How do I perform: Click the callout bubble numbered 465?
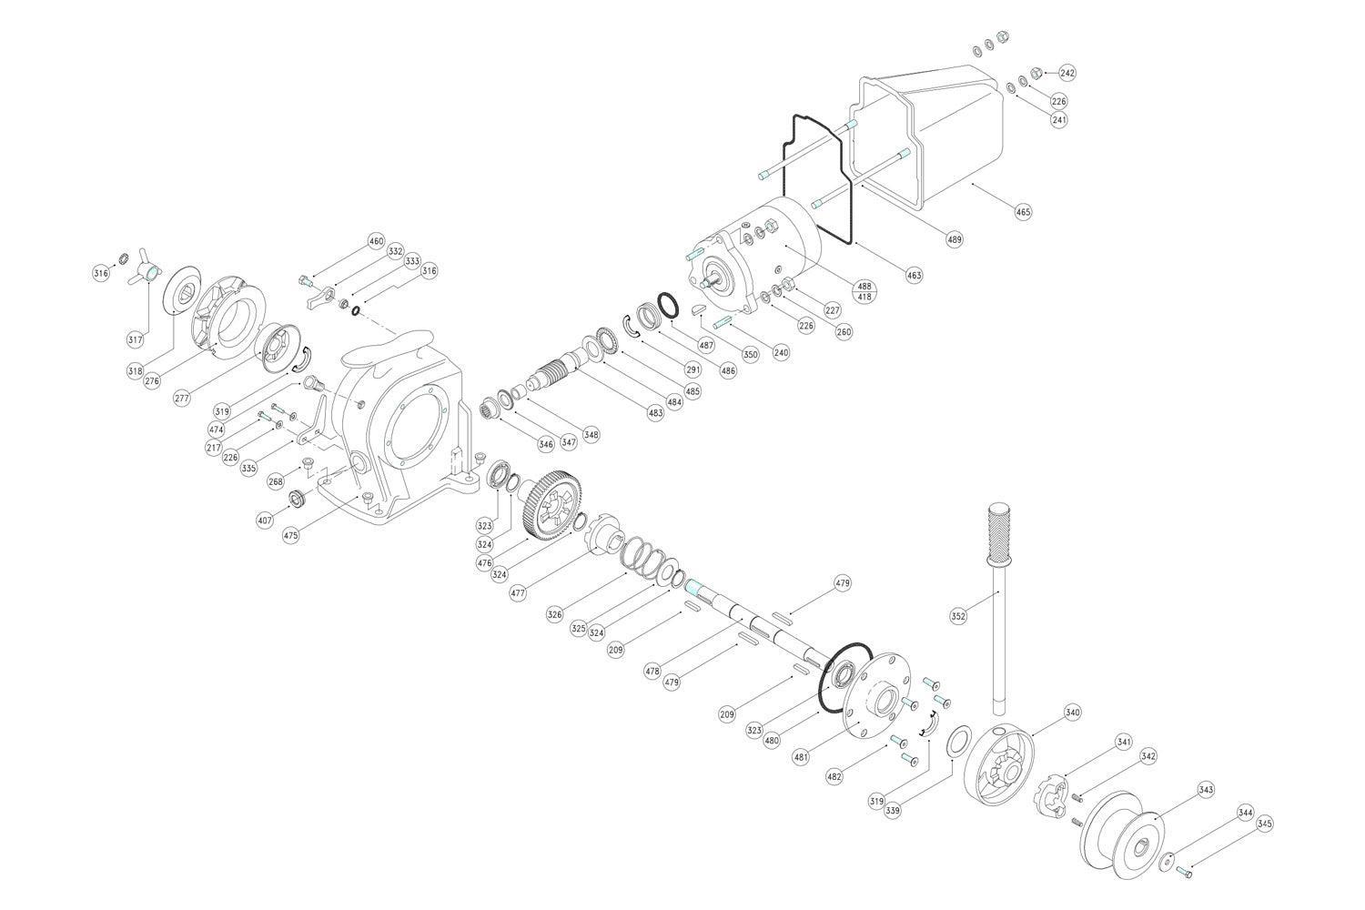pyautogui.click(x=1023, y=212)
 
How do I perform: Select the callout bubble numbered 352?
pyautogui.click(x=957, y=616)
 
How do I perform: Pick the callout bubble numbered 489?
pyautogui.click(x=954, y=240)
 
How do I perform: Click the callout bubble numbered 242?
pyautogui.click(x=1067, y=73)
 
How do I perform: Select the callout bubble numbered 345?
pyautogui.click(x=1264, y=824)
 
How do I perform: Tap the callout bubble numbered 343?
pyautogui.click(x=1206, y=790)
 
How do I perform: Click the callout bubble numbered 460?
pyautogui.click(x=376, y=241)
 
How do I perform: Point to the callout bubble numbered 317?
pyautogui.click(x=135, y=339)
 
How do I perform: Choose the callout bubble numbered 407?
pyautogui.click(x=265, y=521)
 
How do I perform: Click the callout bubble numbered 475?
pyautogui.click(x=290, y=536)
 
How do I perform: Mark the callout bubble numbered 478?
pyautogui.click(x=652, y=671)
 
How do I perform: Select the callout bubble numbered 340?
pyautogui.click(x=1072, y=713)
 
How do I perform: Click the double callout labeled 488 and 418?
pyautogui.click(x=864, y=291)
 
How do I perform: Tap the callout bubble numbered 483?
pyautogui.click(x=655, y=413)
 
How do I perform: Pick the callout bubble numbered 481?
pyautogui.click(x=801, y=756)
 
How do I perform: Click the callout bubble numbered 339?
pyautogui.click(x=893, y=810)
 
